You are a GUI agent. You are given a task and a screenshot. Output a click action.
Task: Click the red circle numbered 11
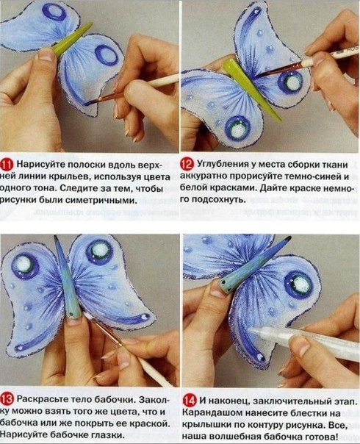pyautogui.click(x=8, y=164)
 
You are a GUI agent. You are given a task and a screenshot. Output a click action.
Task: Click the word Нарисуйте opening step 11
pyautogui.click(x=42, y=164)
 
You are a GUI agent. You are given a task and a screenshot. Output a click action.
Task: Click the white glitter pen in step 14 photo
pyautogui.click(x=294, y=345)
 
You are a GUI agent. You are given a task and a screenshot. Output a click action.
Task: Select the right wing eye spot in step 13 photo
pyautogui.click(x=98, y=253)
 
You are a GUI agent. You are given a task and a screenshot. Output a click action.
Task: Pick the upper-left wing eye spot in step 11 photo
pyautogui.click(x=54, y=12)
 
